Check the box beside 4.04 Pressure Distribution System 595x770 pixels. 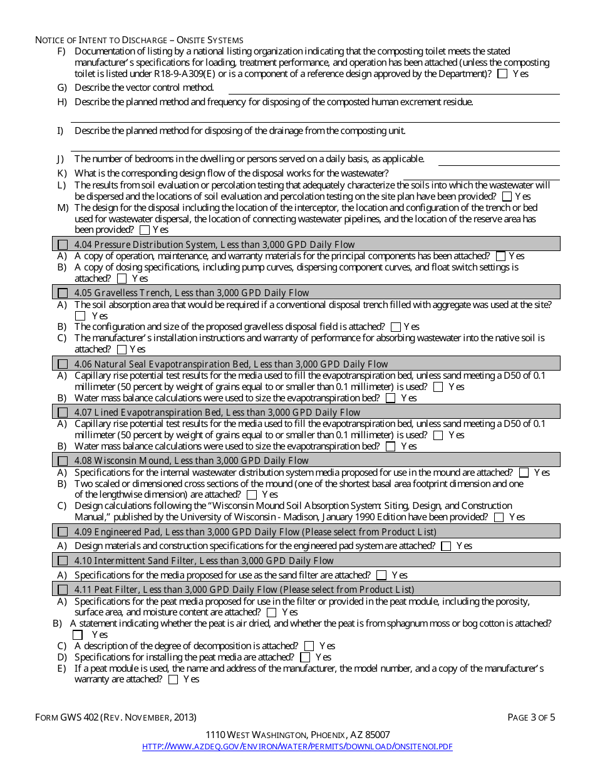pyautogui.click(x=63, y=245)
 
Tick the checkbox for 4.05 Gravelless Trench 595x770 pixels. pyautogui.click(x=63, y=293)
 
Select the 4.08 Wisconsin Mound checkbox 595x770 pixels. pyautogui.click(x=63, y=461)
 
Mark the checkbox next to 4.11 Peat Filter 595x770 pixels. pyautogui.click(x=63, y=590)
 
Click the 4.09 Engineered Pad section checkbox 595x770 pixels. pyautogui.click(x=63, y=532)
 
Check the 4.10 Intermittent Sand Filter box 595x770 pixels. pyautogui.click(x=63, y=561)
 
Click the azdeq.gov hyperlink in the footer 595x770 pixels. pyautogui.click(x=297, y=746)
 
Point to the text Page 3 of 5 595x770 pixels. pyautogui.click(x=531, y=717)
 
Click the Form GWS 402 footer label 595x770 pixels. pyautogui.click(x=116, y=717)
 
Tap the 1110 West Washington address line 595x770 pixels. pyautogui.click(x=297, y=734)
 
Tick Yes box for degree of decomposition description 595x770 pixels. pyautogui.click(x=309, y=646)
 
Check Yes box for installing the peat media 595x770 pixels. pyautogui.click(x=305, y=657)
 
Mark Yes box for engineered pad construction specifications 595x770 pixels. pyautogui.click(x=446, y=547)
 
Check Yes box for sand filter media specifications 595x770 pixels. pyautogui.click(x=381, y=575)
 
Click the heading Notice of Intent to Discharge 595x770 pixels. pyautogui.click(x=139, y=40)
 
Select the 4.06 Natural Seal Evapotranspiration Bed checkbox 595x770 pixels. pyautogui.click(x=63, y=364)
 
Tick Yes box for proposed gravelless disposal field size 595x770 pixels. pyautogui.click(x=395, y=327)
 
